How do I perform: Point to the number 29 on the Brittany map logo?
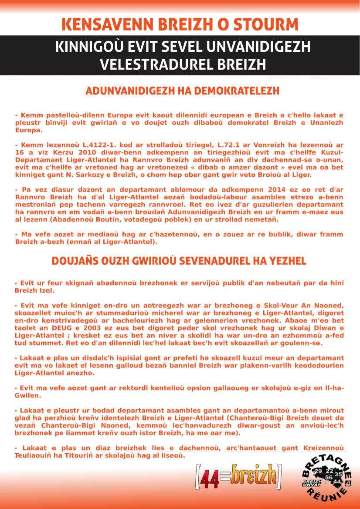click(318, 472)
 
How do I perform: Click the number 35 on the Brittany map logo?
click(338, 474)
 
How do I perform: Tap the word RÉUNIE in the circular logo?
click(331, 496)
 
